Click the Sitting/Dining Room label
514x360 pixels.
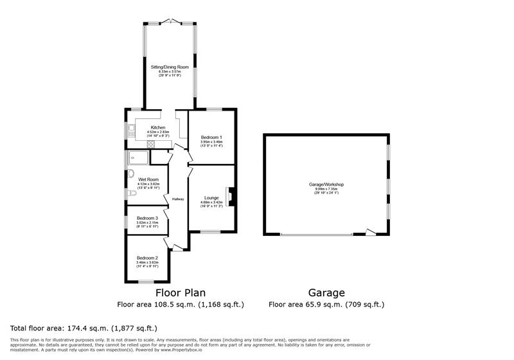[170, 66]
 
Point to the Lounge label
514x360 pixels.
[211, 197]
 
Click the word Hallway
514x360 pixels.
[178, 199]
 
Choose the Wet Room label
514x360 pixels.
[148, 179]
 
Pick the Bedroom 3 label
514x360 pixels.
[147, 218]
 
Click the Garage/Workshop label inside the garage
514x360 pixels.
[326, 184]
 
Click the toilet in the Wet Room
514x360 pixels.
[131, 194]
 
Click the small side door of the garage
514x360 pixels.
[369, 231]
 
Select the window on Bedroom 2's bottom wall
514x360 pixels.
[147, 282]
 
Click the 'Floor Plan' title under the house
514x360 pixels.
[181, 292]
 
